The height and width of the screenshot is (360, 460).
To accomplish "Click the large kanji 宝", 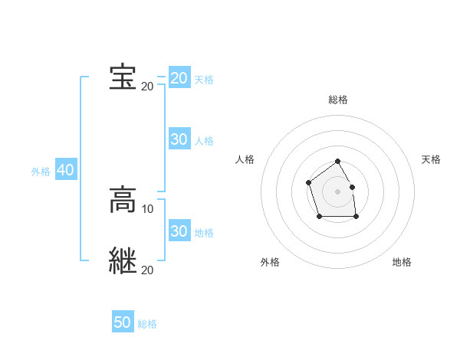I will coord(123,77).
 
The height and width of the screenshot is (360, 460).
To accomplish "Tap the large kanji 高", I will coord(123,201).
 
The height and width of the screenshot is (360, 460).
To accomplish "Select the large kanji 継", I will coord(123,260).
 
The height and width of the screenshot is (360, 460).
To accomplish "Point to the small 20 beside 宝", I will coord(147,86).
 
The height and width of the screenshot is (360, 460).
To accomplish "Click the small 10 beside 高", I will coord(148,209).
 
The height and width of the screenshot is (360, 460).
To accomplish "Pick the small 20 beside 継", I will coord(147,270).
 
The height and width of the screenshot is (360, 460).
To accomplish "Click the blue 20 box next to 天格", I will coord(179,78).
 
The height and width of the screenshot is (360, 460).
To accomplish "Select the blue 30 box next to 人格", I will coord(179,139).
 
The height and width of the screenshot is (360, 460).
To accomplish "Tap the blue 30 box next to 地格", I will coord(179,231).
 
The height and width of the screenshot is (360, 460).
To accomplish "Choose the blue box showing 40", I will coord(65,170).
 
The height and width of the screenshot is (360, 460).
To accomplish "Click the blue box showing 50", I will coord(123,322).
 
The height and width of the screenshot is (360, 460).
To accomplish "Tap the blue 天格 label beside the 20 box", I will coord(204,80).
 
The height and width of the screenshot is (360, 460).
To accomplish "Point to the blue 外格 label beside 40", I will coord(41,172).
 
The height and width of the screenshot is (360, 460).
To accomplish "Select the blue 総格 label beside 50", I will coord(147,324).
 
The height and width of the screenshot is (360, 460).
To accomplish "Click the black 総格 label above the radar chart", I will coord(338,100).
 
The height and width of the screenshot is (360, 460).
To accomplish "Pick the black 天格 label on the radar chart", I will coord(431,159).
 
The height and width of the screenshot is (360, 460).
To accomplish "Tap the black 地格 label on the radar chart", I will coord(402,262).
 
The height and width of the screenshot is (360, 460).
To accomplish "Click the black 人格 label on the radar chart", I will coord(245,159).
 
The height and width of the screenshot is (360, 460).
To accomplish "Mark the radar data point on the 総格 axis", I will coord(338,162).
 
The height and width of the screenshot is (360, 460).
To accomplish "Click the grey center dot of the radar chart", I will coord(338,191).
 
